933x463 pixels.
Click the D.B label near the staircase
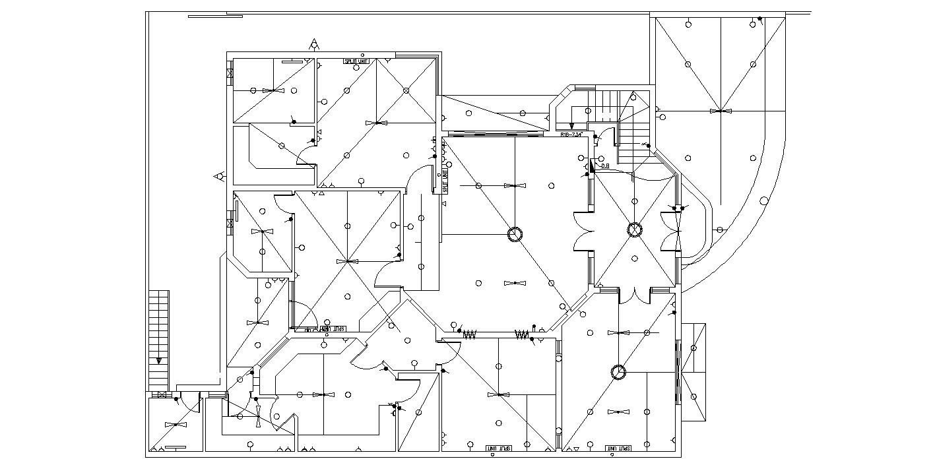coord(605,166)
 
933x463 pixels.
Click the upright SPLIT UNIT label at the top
coord(355,62)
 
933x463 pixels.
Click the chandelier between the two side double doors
coord(634,230)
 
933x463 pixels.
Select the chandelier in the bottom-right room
coord(618,372)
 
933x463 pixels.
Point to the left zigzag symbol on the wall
coord(470,335)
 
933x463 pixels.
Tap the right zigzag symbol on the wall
coord(522,335)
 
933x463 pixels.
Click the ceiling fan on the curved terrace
coord(721,111)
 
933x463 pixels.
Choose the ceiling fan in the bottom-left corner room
coord(176,425)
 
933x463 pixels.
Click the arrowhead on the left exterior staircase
coord(159,361)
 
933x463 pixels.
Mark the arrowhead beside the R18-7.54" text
coord(572,125)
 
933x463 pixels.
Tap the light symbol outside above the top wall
coord(315,46)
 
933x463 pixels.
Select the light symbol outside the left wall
coord(218,176)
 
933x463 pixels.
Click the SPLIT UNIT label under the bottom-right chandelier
coord(618,448)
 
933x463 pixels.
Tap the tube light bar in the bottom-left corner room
coord(174,448)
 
